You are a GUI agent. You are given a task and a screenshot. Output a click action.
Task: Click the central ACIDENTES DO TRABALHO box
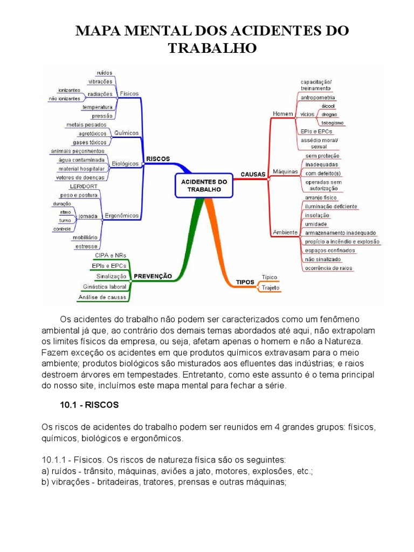click(x=203, y=185)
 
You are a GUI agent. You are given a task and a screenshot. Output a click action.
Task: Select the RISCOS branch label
click(x=157, y=159)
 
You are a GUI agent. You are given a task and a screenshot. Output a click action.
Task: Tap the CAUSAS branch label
click(x=252, y=175)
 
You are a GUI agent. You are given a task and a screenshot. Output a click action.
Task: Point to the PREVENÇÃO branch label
click(x=153, y=276)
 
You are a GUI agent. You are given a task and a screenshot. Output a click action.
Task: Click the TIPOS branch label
click(x=245, y=282)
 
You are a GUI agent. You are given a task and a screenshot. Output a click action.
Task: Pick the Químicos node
click(x=127, y=133)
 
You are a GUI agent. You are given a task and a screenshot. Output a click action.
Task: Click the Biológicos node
click(x=126, y=163)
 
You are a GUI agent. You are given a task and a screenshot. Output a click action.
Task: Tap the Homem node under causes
click(x=282, y=114)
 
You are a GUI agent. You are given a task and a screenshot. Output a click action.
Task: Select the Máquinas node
click(x=286, y=171)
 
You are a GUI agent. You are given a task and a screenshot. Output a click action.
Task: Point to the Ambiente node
click(x=285, y=232)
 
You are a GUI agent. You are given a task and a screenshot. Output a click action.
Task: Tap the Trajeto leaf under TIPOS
click(x=270, y=288)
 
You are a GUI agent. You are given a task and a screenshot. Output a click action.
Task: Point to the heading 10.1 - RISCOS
click(x=88, y=404)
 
